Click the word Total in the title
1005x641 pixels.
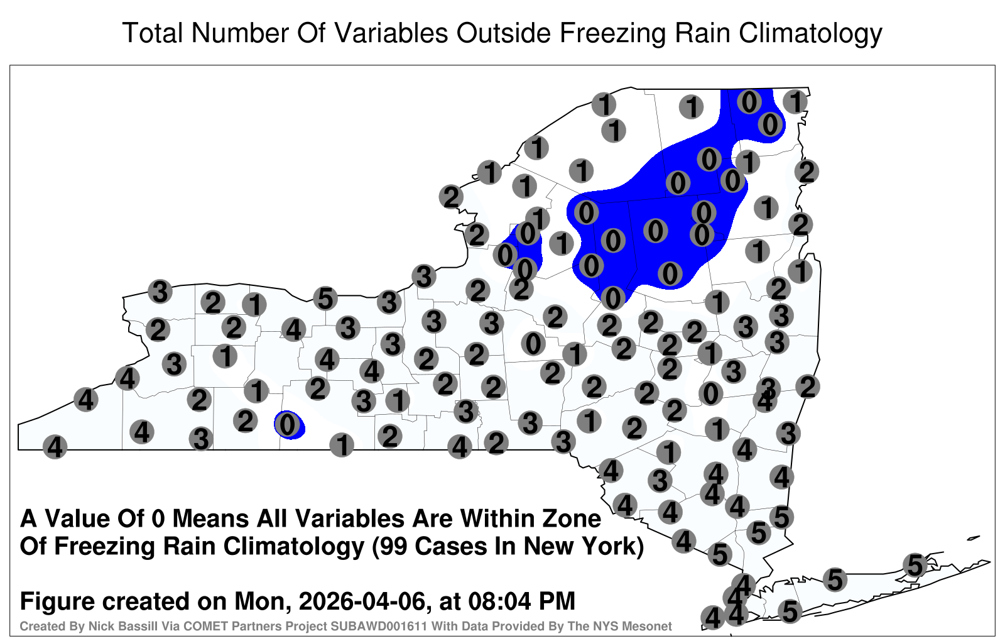point(153,33)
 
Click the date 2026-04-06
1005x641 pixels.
point(362,601)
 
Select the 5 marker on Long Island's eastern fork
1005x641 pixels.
point(915,565)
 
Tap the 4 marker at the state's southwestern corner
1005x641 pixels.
point(55,447)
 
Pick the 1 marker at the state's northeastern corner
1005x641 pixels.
point(795,101)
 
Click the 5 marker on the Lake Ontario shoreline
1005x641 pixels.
point(325,299)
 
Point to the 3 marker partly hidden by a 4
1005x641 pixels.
point(768,386)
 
